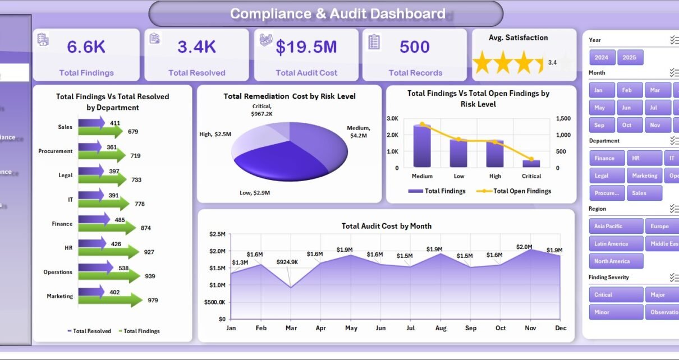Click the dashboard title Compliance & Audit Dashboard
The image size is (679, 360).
(338, 14)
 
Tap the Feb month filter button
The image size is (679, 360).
(627, 90)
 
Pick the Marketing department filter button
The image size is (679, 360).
(644, 176)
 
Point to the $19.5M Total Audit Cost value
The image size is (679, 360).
(306, 47)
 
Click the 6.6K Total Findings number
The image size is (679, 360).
(86, 47)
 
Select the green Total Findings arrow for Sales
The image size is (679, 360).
(101, 132)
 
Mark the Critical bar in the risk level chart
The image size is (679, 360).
(531, 163)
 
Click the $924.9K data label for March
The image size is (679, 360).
(287, 262)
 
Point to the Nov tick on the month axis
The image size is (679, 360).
(530, 328)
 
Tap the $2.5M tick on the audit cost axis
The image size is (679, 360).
(217, 234)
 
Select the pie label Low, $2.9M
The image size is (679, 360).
(255, 193)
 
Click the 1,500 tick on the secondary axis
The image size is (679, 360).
(564, 118)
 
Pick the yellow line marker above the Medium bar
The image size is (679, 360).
(422, 124)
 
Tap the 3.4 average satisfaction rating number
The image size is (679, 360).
(552, 63)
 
